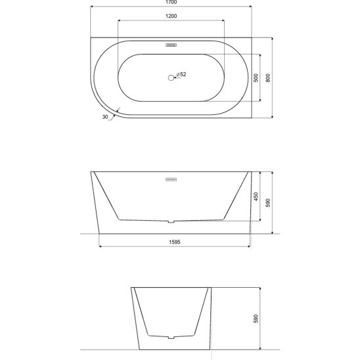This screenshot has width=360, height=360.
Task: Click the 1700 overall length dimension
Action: (171, 2)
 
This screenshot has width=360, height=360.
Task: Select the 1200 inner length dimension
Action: (171, 16)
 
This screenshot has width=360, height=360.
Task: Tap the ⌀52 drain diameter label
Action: (181, 74)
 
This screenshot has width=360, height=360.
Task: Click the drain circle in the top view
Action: (171, 78)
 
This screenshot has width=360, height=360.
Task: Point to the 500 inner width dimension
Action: (256, 78)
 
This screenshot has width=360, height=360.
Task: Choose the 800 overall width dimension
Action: (268, 78)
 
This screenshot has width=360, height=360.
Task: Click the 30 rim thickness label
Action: (105, 117)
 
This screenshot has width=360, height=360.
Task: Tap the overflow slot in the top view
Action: (171, 45)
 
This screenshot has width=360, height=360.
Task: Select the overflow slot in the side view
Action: (171, 179)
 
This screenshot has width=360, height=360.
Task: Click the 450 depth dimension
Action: (256, 196)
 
